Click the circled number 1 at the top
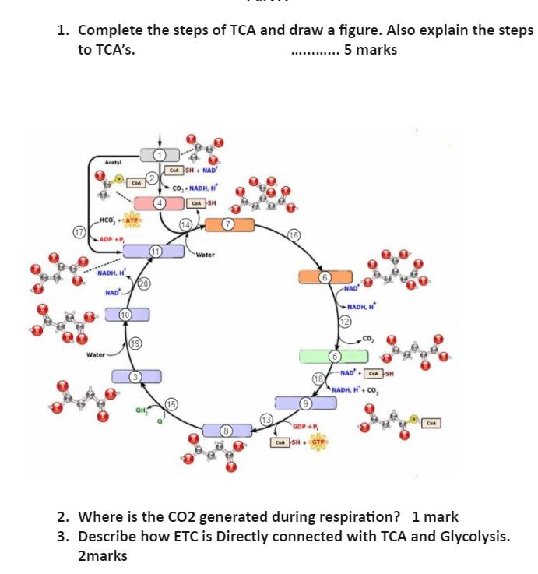pos(160,155)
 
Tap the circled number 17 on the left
pos(78,232)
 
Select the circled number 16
pos(293,235)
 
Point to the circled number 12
pos(344,322)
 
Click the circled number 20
pos(144,284)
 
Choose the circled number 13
pos(265,421)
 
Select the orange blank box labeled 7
pos(229,225)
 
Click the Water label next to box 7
pos(205,255)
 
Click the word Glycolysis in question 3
pos(474,537)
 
